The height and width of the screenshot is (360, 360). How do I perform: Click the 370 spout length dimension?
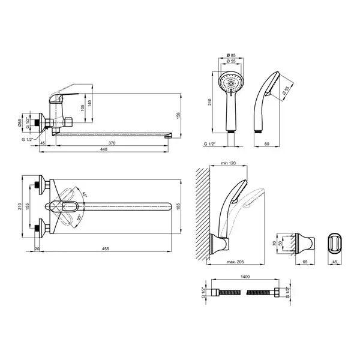pos(112,143)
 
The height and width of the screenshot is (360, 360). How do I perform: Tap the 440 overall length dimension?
pos(104,149)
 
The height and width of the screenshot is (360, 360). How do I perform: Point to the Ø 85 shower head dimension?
pos(231,55)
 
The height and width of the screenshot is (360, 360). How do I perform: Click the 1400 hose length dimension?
pos(245,277)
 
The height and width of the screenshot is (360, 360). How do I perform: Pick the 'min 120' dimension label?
pos(228,163)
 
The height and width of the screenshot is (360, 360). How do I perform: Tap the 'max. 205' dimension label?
pos(235,262)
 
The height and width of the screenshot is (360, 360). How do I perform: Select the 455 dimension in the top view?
pos(106,248)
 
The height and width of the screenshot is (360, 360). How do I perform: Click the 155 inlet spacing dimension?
pos(28,206)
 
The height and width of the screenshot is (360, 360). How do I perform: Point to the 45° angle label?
pos(85,194)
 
